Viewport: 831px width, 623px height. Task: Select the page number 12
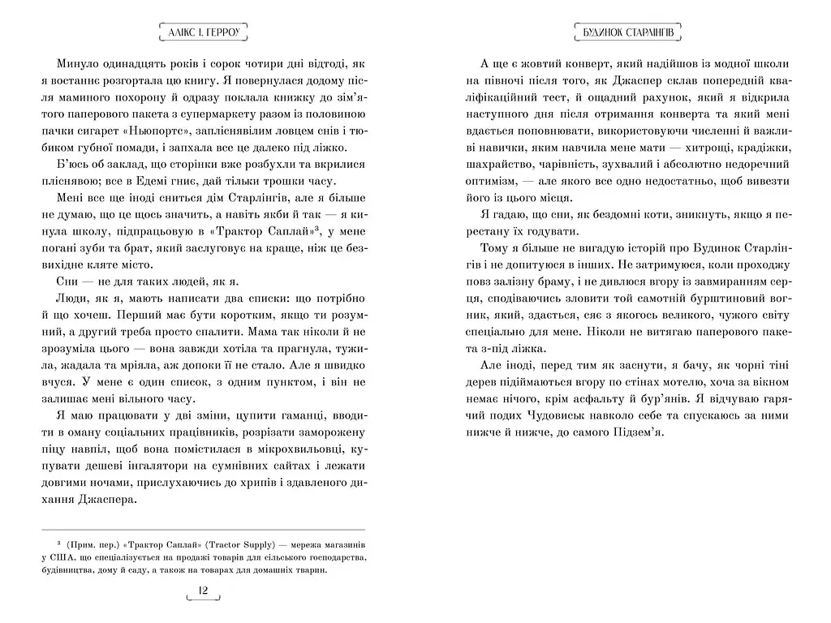[x=203, y=591]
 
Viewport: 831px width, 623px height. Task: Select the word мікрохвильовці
[x=275, y=450]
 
